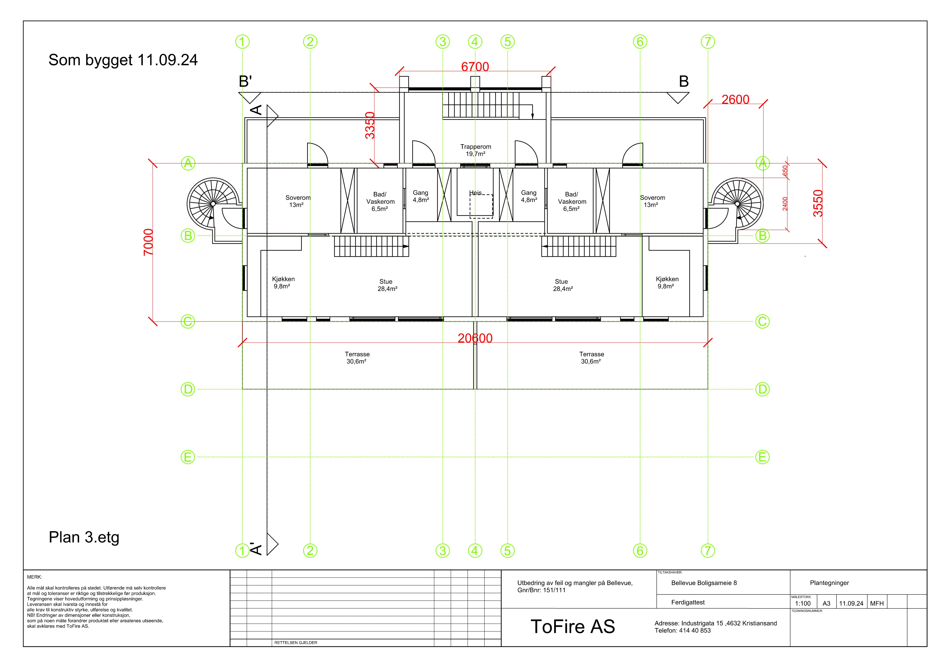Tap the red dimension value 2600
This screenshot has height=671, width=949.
coord(735,100)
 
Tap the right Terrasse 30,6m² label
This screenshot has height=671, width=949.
coord(591,358)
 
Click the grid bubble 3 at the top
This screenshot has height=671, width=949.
coord(443,42)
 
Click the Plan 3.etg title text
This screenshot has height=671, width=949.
coord(84,537)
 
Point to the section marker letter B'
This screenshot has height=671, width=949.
coord(245,81)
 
